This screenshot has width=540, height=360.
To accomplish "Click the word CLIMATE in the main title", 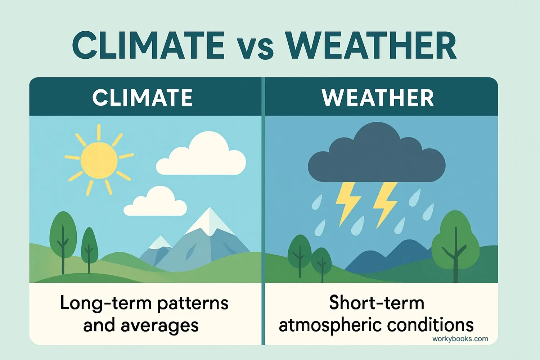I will [x=148, y=46].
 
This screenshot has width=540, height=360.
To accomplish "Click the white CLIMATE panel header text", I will [x=143, y=98].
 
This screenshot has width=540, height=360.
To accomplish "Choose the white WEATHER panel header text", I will [x=378, y=98].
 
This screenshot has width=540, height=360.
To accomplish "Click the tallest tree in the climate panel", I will [x=63, y=234].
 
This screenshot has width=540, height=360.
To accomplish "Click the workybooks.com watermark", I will [x=460, y=339].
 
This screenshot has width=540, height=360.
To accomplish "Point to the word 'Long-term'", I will [x=105, y=303].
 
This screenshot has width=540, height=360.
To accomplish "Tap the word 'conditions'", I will [x=431, y=325].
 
